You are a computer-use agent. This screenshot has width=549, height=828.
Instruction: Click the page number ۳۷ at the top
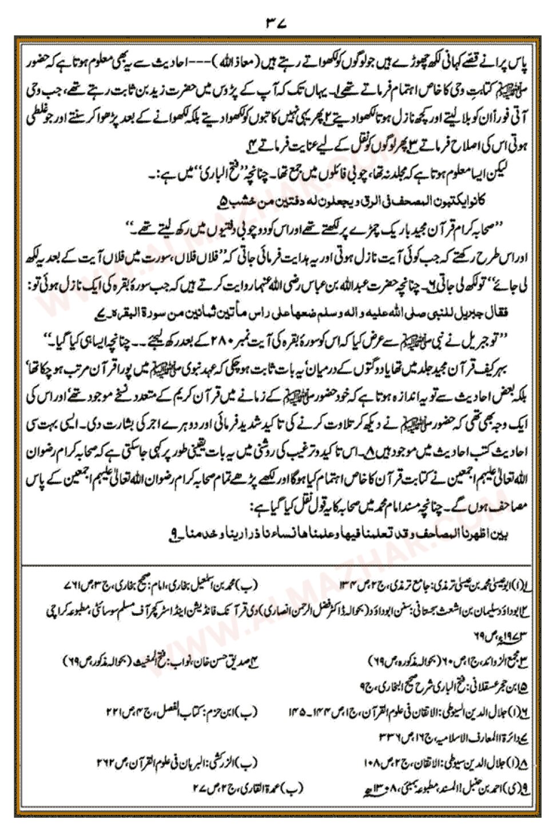[x=275, y=23]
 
